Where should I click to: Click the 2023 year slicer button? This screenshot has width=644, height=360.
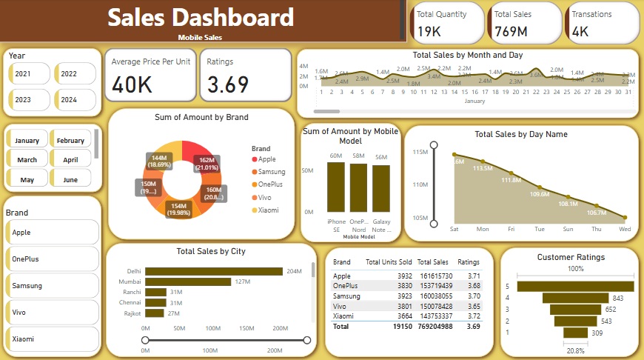[x=30, y=99]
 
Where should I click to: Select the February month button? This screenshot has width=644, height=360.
[x=70, y=140]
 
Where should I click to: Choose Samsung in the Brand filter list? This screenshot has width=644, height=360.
[x=52, y=285]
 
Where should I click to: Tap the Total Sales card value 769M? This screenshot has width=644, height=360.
[x=512, y=31]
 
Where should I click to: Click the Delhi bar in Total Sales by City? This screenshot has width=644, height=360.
[x=214, y=271]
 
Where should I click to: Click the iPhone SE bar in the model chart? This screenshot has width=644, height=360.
[x=335, y=187]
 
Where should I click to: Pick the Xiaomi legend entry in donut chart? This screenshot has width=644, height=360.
[x=267, y=210]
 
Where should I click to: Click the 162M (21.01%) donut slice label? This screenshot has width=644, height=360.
[x=206, y=164]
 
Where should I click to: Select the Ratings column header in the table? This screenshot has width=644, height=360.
[x=468, y=262]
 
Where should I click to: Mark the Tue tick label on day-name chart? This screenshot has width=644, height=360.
[x=540, y=229]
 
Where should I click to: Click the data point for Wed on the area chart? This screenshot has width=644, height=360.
[x=625, y=218]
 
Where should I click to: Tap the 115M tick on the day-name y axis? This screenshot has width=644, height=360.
[x=420, y=152]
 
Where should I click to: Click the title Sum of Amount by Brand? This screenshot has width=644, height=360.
[x=201, y=117]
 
